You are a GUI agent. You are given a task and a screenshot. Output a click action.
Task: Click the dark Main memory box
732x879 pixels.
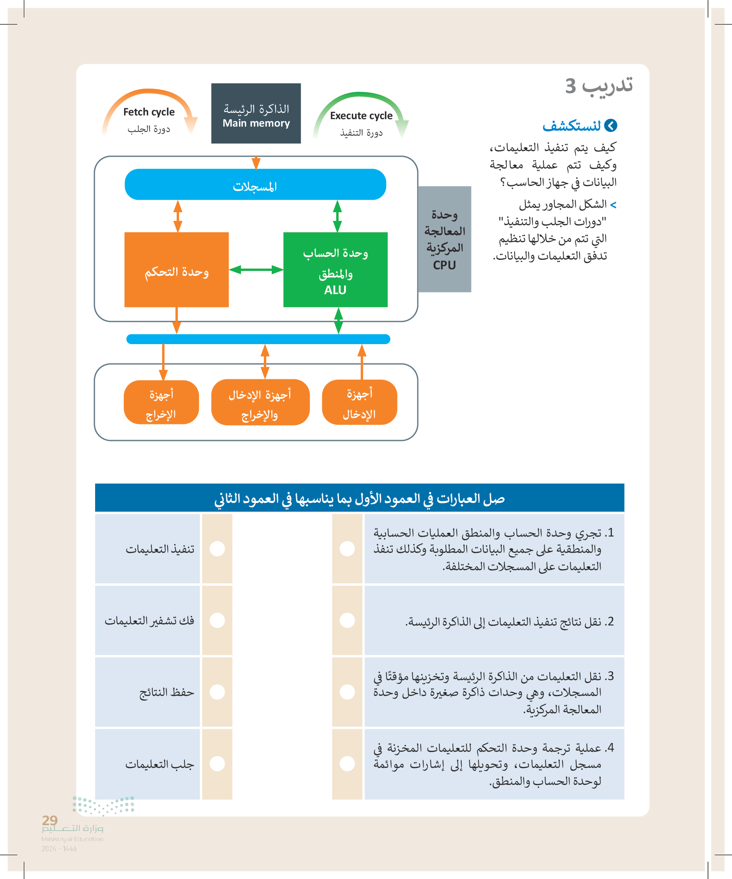(x=256, y=113)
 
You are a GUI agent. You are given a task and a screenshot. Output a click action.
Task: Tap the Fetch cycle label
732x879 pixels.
(x=148, y=112)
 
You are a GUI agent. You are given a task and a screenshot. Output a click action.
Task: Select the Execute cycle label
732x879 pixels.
(x=361, y=116)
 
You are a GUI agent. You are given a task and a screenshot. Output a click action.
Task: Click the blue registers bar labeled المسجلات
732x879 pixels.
(x=255, y=184)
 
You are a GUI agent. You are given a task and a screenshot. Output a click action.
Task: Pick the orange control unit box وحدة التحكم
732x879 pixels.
(x=176, y=270)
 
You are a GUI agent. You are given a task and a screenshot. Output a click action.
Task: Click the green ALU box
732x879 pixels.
(x=335, y=270)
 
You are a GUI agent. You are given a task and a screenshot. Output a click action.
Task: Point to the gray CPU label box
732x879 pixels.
(x=444, y=240)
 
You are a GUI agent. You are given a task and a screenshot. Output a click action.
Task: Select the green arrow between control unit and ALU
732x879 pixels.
(x=256, y=270)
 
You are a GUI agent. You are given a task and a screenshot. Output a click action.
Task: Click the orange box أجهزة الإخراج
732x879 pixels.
(x=161, y=402)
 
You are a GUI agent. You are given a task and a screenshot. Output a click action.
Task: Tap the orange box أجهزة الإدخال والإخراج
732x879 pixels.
(x=260, y=402)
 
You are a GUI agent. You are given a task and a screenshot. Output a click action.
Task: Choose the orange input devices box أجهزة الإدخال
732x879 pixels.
(x=359, y=402)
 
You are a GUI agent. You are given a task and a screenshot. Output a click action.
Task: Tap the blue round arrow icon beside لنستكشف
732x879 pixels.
(x=611, y=126)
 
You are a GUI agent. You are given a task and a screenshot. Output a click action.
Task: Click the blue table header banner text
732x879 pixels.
(x=359, y=498)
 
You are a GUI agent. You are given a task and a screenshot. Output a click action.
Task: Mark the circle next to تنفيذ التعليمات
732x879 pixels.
(x=217, y=549)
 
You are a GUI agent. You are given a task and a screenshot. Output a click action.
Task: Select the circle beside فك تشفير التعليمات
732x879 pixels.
(x=217, y=620)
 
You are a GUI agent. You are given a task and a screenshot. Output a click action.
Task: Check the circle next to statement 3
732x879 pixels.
(x=347, y=692)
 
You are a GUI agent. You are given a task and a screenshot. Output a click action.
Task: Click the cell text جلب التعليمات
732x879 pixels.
(x=160, y=764)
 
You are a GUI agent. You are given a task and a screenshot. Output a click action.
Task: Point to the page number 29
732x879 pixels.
(x=50, y=820)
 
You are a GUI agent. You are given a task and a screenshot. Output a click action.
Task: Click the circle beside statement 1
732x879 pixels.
(x=347, y=549)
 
